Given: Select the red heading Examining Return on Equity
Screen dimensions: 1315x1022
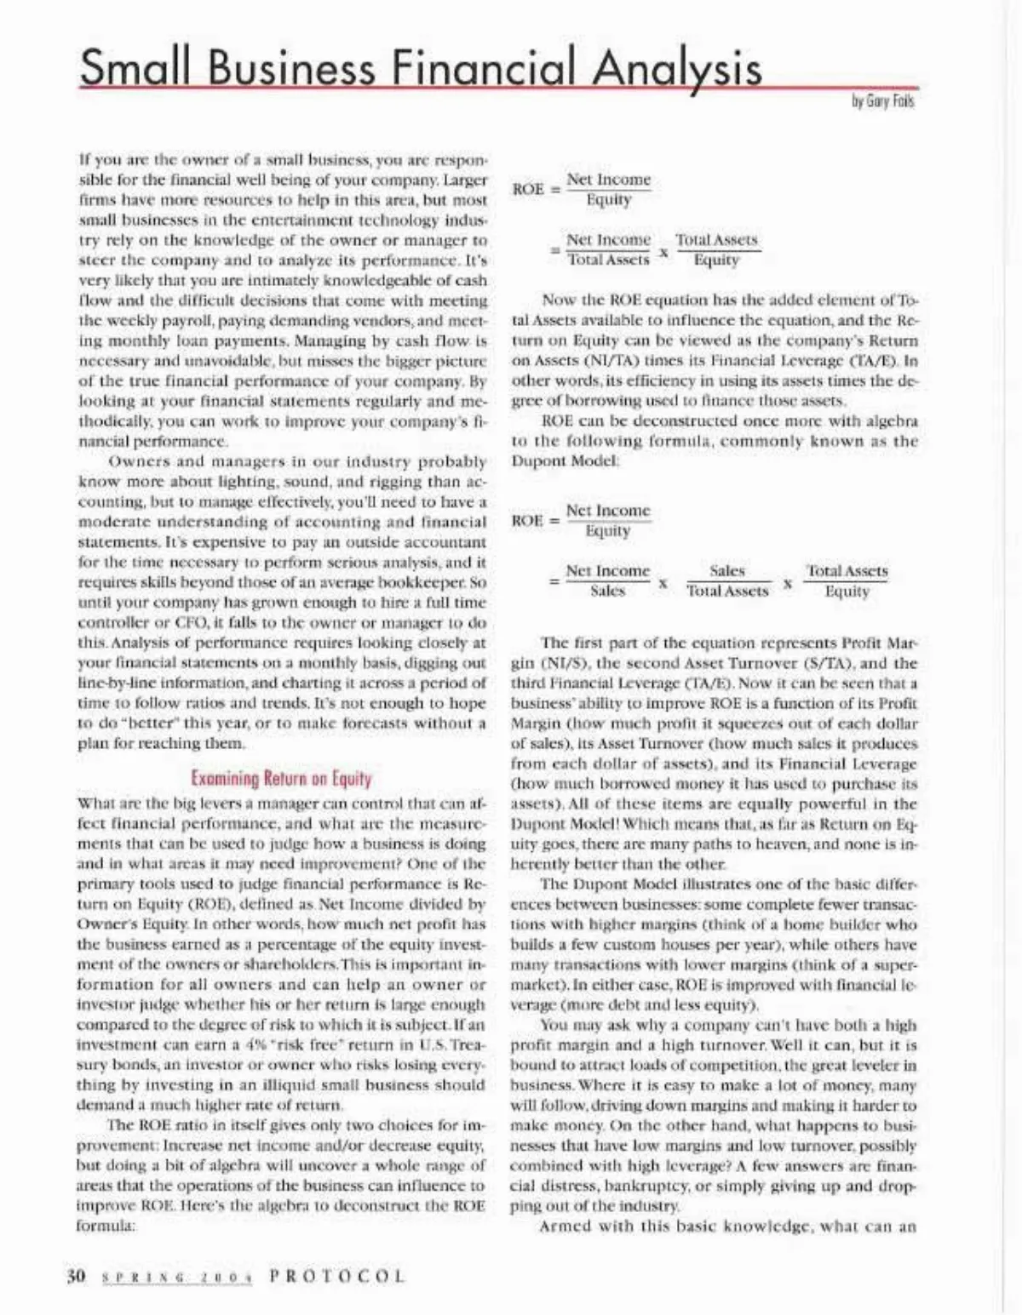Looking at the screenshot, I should (281, 778).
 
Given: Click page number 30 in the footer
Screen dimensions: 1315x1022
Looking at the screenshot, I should (77, 1276).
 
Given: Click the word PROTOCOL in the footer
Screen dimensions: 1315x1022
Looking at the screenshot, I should (336, 1276).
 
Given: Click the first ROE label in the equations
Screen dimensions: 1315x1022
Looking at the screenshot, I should (528, 189).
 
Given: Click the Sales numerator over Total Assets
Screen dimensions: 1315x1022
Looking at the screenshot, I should (726, 570).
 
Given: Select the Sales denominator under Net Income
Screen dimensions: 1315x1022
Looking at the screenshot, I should (607, 591).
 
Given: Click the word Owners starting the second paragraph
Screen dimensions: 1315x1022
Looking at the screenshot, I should (139, 461).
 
